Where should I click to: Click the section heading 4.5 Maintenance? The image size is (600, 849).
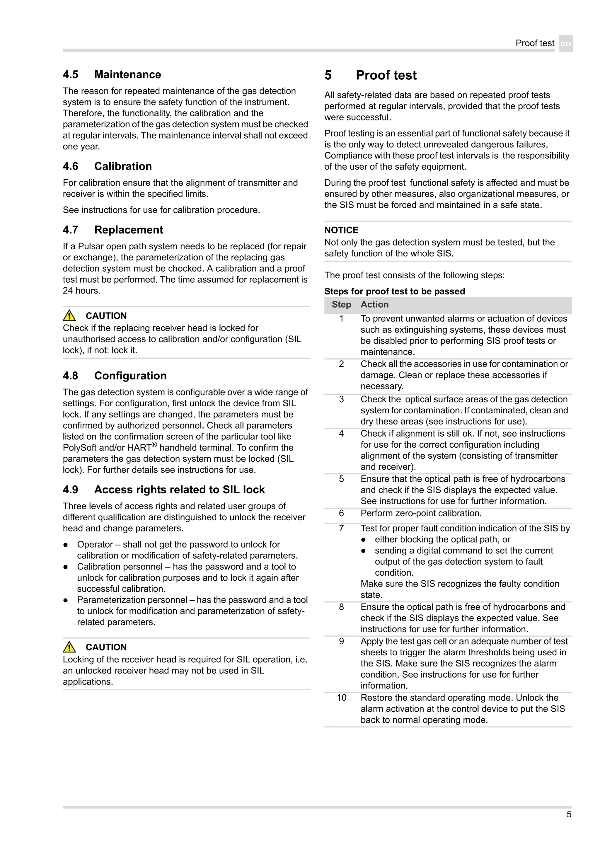coord(112,75)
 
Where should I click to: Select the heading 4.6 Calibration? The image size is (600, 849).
coord(107,166)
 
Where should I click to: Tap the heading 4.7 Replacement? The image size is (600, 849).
coord(113,230)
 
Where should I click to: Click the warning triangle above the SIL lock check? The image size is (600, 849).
coord(69,316)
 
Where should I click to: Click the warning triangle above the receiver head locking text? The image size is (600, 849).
coord(69,647)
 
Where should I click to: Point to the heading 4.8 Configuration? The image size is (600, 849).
coord(115,376)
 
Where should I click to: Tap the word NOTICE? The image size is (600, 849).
coord(341,230)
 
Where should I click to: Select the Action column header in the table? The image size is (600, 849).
coord(374,305)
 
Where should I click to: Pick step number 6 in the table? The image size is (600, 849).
coord(341,513)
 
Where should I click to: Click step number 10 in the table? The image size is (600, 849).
coord(341,698)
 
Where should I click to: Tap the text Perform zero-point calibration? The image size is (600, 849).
coord(421,513)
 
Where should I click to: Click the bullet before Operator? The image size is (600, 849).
coord(65,545)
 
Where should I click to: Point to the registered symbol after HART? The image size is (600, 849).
coord(154,445)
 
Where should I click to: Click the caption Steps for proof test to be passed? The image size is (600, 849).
coord(394,291)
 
